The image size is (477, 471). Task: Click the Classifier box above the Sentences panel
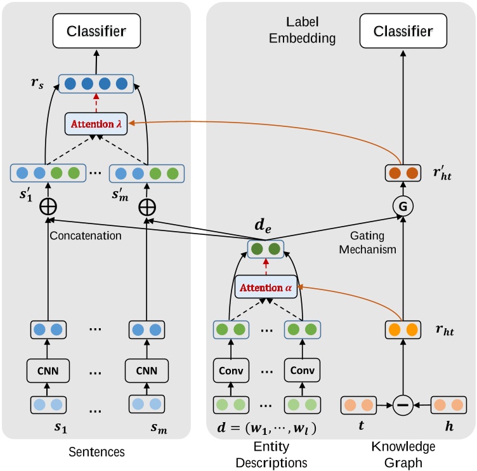96,30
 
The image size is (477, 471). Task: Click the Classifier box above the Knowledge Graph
403,31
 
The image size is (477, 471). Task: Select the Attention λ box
96,124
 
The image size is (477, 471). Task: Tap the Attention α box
266,288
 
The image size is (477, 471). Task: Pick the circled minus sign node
402,404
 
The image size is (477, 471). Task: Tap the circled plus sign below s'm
147,208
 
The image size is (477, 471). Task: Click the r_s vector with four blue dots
96,83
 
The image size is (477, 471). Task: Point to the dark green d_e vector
266,249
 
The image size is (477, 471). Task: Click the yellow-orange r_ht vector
402,330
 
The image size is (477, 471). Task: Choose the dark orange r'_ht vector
402,173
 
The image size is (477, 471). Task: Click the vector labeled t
358,404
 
